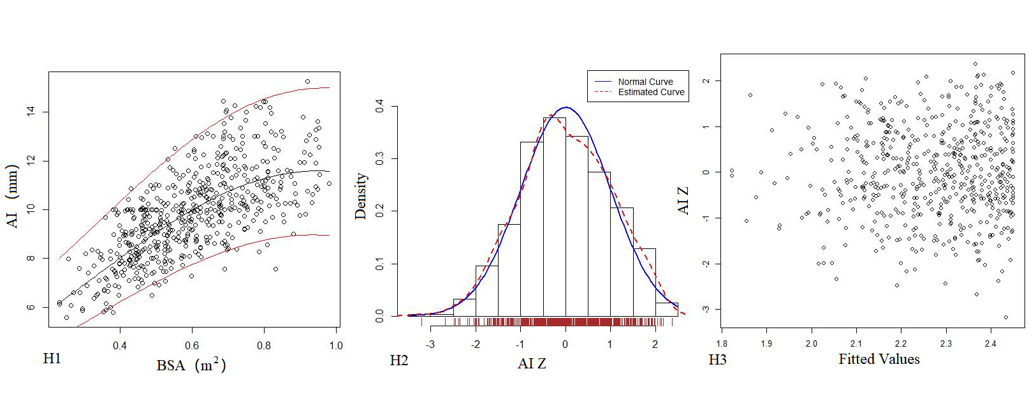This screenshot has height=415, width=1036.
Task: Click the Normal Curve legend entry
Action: [645, 82]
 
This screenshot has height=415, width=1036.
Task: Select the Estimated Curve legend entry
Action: [651, 92]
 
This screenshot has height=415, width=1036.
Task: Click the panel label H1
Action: [52, 359]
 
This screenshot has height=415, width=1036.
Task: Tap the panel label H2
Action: [399, 361]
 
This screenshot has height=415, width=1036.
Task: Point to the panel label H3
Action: [718, 360]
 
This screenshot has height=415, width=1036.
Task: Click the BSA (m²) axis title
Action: [191, 365]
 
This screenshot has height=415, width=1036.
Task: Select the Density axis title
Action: [361, 195]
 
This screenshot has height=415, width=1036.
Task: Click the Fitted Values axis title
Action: [879, 359]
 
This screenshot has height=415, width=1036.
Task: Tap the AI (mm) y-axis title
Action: [13, 196]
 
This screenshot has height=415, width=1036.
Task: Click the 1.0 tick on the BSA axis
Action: [335, 345]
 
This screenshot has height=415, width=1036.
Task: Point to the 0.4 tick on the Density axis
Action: [380, 105]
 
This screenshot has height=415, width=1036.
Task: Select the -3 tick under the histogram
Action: [431, 345]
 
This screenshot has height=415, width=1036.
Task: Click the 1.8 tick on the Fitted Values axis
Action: [722, 343]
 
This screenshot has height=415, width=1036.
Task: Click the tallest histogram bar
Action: [554, 217]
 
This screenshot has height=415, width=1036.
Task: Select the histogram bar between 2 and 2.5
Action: [666, 309]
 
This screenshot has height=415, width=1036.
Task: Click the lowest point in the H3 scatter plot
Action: [1006, 317]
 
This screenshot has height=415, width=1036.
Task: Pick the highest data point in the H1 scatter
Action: [307, 82]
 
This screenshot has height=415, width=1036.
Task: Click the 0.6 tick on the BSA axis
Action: [192, 345]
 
